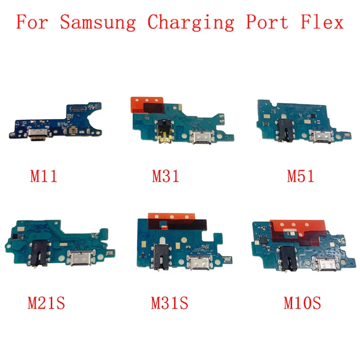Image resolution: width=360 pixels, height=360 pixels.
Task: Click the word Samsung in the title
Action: point(98,22)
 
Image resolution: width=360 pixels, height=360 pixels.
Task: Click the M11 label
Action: point(44,175)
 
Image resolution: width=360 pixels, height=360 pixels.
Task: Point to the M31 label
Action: point(165,175)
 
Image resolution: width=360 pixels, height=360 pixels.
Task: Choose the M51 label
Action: point(301,175)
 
